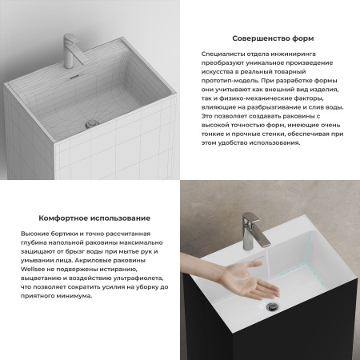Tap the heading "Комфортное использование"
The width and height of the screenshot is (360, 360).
coord(94,218)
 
